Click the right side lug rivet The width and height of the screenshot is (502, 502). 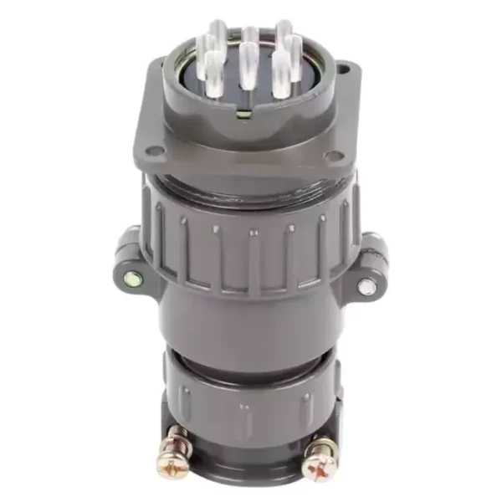pos(366,285)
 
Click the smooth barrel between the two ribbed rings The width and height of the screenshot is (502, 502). pos(248,322)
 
